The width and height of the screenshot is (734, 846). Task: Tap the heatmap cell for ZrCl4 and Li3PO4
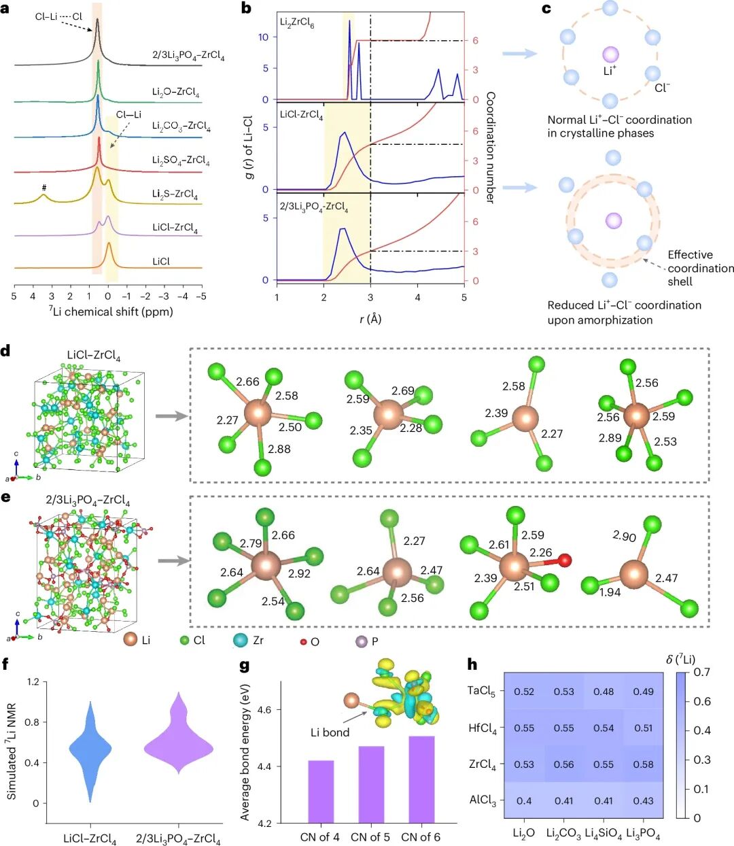pos(644,764)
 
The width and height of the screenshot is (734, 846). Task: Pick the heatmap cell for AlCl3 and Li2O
pos(524,800)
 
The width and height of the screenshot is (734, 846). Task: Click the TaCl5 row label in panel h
pos(482,692)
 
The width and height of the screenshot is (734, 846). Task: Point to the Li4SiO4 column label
pos(604,833)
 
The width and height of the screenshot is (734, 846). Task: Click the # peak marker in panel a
pos(43,188)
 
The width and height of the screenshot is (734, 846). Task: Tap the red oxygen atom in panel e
pos(564,560)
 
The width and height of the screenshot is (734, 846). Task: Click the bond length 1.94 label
pos(610,592)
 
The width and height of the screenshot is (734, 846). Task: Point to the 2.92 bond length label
pos(299,573)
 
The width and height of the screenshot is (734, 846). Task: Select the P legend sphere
pos(362,641)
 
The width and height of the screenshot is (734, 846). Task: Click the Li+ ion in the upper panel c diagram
pos(610,54)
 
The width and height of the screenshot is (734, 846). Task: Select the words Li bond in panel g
pos(330,732)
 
